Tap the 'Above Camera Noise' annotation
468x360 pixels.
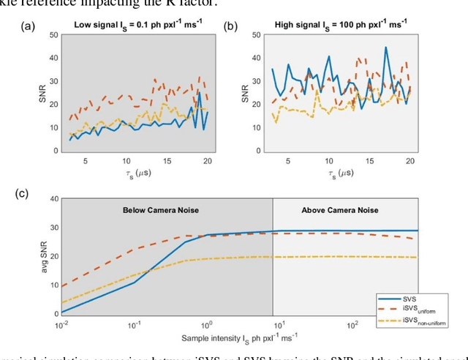(x=340, y=210)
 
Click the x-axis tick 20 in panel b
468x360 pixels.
(x=410, y=161)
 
